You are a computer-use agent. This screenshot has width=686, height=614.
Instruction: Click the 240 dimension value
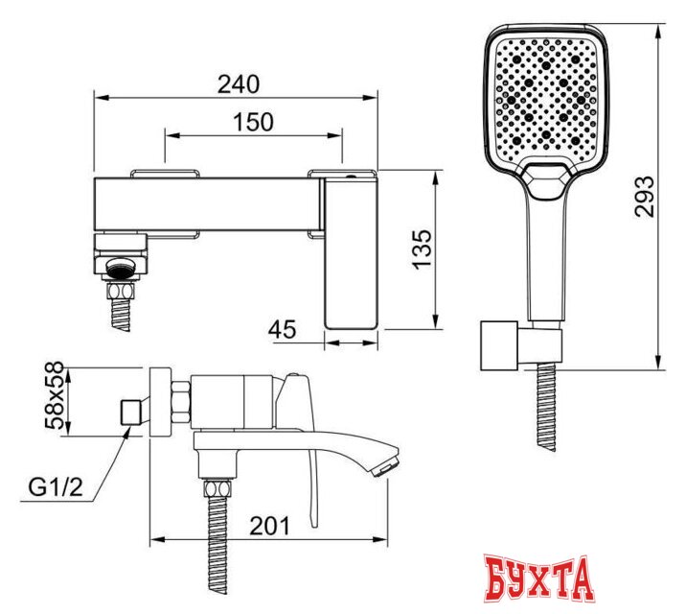point(239,84)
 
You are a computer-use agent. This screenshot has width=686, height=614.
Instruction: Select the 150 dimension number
point(253,122)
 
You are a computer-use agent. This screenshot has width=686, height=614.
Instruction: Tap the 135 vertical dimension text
point(423,249)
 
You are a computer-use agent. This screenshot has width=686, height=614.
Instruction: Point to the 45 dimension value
point(283,329)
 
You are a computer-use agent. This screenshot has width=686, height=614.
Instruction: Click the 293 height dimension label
point(645,197)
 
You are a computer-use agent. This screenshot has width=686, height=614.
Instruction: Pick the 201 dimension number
point(269,526)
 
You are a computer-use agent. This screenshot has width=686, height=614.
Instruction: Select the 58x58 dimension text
point(55,395)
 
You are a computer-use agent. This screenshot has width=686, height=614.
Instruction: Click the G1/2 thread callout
point(56,487)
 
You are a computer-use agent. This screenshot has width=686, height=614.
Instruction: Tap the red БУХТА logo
point(538,579)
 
